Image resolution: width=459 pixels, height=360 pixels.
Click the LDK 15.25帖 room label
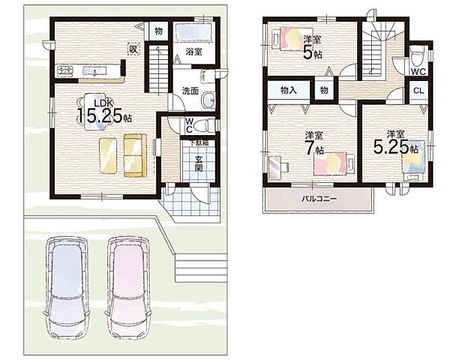click(x=104, y=113)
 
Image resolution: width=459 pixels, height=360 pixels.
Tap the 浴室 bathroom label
click(x=194, y=52)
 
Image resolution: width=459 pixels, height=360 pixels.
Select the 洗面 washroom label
click(x=190, y=91)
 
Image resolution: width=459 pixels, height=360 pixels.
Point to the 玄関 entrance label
click(x=198, y=163)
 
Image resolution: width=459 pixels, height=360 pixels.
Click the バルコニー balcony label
click(x=319, y=199)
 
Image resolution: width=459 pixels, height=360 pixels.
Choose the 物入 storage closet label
click(x=289, y=91)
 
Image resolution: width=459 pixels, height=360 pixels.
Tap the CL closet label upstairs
click(x=418, y=91)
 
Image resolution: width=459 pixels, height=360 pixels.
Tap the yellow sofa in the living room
click(x=134, y=155)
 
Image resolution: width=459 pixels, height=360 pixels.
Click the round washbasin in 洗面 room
click(x=209, y=100)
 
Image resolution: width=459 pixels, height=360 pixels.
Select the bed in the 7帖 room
click(x=333, y=163)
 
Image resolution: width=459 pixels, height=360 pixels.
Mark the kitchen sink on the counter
click(x=66, y=71)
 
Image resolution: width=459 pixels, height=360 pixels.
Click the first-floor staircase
click(x=159, y=69)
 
